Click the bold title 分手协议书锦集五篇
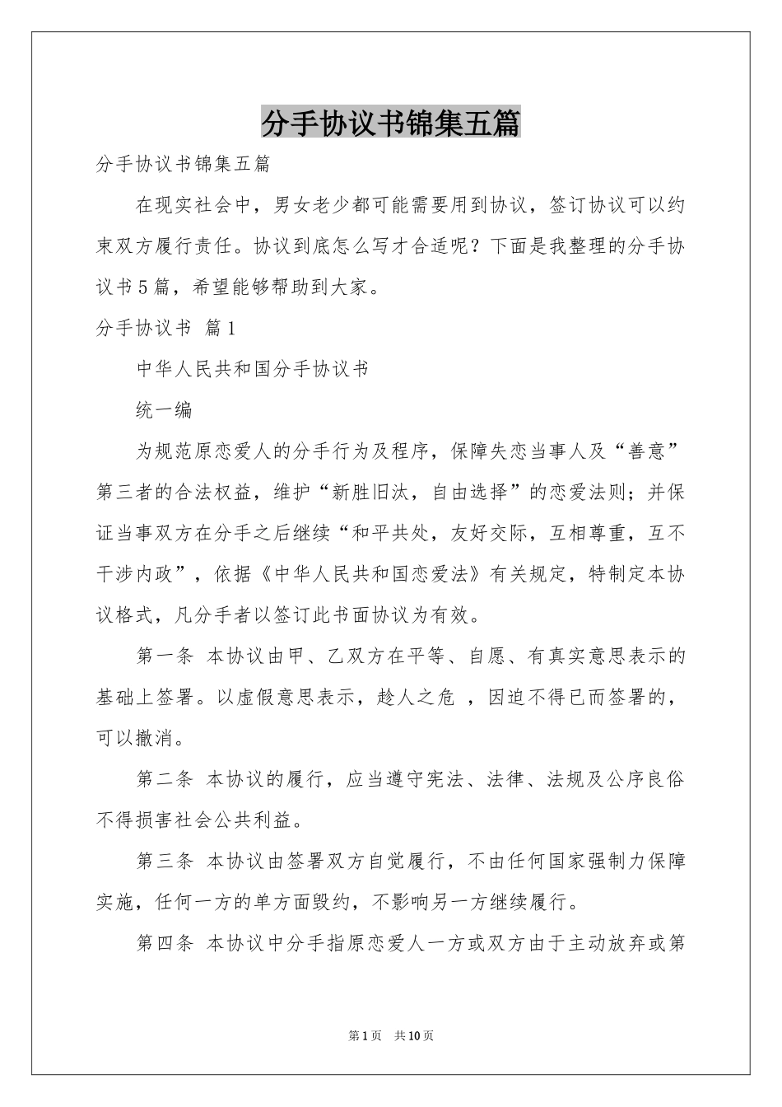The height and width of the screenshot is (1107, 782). [390, 124]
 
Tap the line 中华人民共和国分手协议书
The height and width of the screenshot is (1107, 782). [252, 369]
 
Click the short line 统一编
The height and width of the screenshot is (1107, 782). [164, 409]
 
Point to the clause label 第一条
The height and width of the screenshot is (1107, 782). [164, 656]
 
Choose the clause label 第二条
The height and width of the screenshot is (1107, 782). [164, 779]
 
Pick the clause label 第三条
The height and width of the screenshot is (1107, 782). [164, 862]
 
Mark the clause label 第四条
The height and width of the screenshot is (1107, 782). [164, 943]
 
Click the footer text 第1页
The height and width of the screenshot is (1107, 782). [365, 1035]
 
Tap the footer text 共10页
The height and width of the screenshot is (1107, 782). [414, 1035]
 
